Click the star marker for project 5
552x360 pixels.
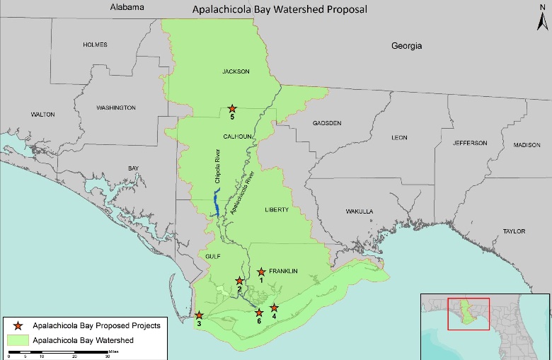[231, 108]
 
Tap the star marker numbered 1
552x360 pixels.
[261, 272]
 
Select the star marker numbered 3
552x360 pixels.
[200, 315]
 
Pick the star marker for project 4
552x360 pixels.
[274, 308]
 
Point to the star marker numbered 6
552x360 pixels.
[259, 313]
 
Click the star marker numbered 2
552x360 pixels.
[239, 281]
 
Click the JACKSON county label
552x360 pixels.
[236, 71]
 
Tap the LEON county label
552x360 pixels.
[399, 137]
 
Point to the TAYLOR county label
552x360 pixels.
[514, 231]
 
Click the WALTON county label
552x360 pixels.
[42, 114]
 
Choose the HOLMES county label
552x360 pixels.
[95, 45]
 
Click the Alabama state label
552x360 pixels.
[127, 7]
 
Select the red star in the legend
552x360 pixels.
[17, 325]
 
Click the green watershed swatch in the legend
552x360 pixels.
[17, 341]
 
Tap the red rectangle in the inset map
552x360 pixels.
[468, 313]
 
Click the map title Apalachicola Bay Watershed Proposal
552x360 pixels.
[280, 11]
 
